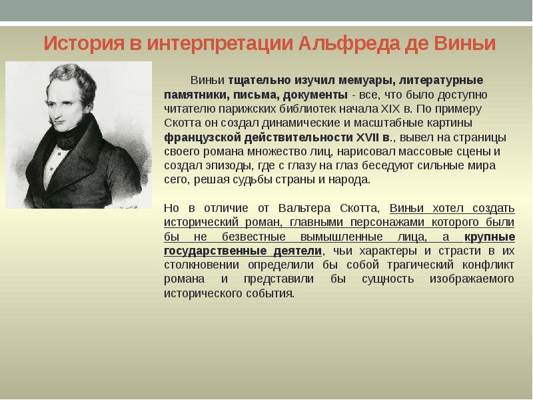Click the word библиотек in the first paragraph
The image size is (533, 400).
coord(318,109)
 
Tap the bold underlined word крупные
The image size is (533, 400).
coord(490,236)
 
